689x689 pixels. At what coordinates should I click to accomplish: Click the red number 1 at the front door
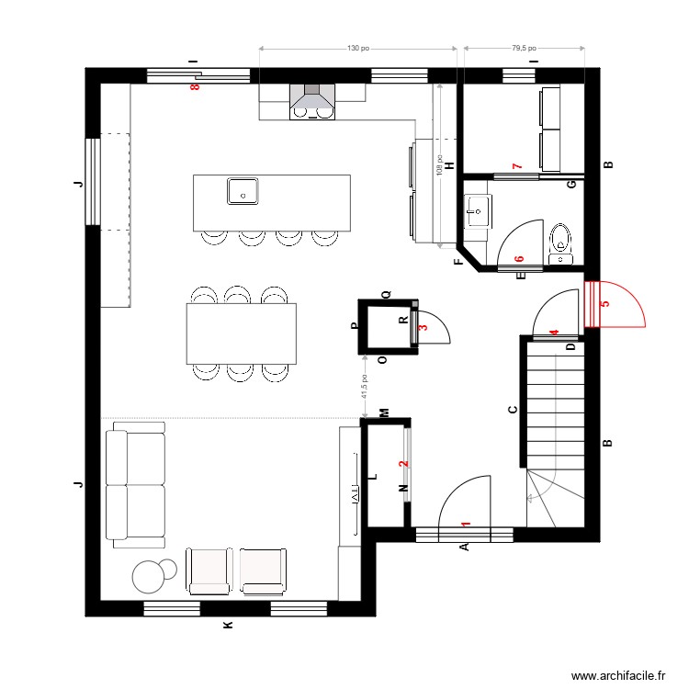466,525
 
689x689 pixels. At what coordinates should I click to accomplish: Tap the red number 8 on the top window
194,87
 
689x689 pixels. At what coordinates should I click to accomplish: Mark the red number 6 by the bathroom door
519,261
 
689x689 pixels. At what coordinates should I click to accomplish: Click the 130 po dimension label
357,48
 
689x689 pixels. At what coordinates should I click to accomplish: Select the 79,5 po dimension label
524,48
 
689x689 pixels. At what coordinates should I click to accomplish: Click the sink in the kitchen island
243,191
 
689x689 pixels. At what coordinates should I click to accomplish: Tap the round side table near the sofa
149,576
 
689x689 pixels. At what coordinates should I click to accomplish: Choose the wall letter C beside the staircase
513,411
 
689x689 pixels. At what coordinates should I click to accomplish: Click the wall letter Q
387,295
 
